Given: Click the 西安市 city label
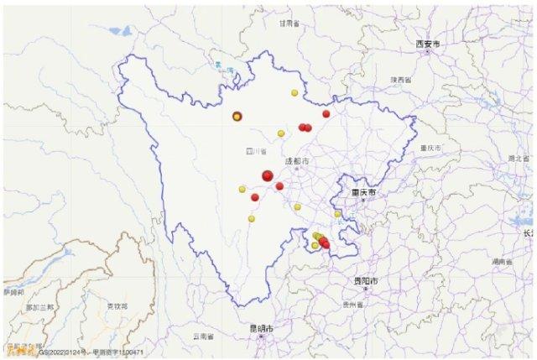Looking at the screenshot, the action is point(428,43).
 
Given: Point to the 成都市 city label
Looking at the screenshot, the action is point(297,160).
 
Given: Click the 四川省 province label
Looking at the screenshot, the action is point(248,152).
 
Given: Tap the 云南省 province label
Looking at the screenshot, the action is point(203,336).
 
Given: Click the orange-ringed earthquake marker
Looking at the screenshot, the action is point(237,117).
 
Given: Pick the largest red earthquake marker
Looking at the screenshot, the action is point(268,175).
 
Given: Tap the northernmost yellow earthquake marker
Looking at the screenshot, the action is point(294,92).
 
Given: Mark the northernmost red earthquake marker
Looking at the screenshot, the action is point(326,114).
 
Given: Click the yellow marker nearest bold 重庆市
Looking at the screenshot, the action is point(337,214).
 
